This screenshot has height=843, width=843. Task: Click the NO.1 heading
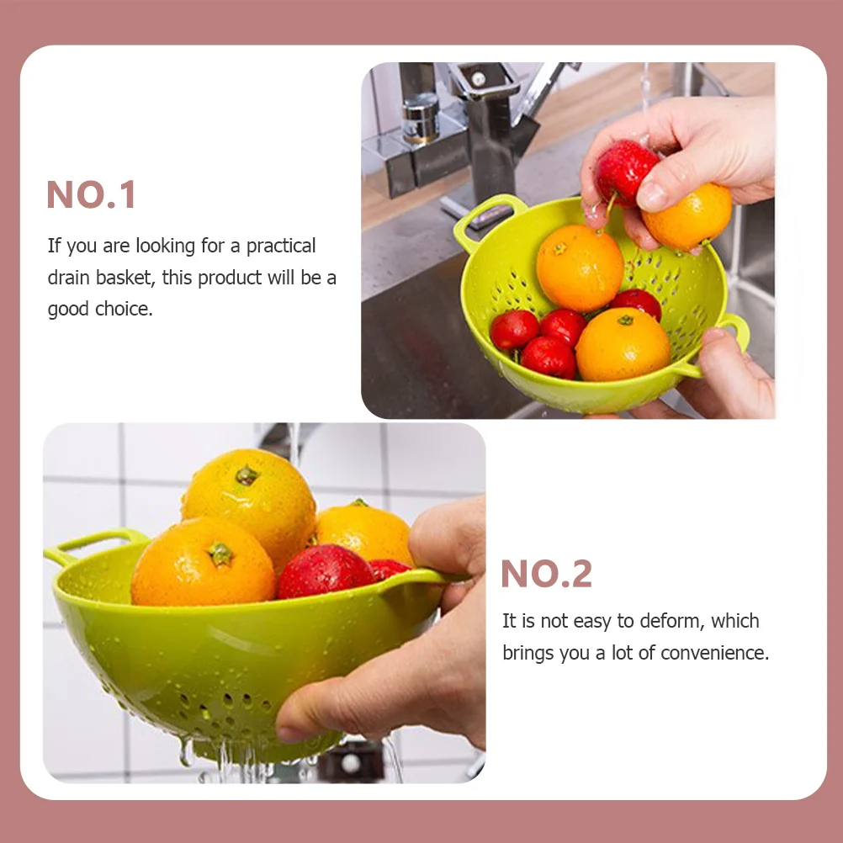tap(91, 194)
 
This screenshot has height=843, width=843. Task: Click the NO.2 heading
tap(546, 574)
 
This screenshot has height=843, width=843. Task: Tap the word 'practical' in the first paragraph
tap(281, 247)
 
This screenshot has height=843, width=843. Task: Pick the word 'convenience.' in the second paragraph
tap(714, 653)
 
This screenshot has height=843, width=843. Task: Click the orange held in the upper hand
tap(688, 216)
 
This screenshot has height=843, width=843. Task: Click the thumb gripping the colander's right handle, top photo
tap(726, 355)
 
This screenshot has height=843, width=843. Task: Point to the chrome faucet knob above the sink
tap(421, 119)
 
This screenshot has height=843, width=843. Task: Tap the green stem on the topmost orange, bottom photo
tap(247, 475)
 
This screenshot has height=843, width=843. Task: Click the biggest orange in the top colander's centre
tap(581, 268)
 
